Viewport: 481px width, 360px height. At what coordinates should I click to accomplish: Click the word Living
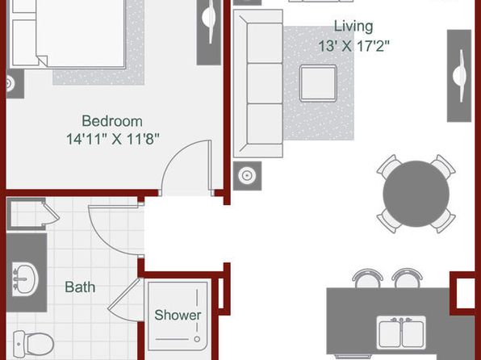pyautogui.click(x=353, y=27)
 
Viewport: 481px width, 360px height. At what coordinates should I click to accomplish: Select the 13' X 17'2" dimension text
pyautogui.click(x=353, y=46)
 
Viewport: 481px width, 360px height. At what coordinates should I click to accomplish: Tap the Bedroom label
pyautogui.click(x=112, y=121)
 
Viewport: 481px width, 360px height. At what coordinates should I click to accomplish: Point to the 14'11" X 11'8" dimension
pyautogui.click(x=113, y=139)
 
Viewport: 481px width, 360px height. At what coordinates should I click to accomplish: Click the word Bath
pyautogui.click(x=80, y=287)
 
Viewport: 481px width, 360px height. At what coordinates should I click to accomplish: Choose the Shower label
pyautogui.click(x=178, y=315)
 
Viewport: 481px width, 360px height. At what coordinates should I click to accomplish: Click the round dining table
pyautogui.click(x=416, y=194)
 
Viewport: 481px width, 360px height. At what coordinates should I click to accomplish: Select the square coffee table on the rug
pyautogui.click(x=318, y=83)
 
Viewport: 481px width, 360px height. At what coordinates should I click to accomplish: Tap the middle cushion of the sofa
pyautogui.click(x=265, y=83)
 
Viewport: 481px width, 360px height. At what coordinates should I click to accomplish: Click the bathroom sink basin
pyautogui.click(x=25, y=278)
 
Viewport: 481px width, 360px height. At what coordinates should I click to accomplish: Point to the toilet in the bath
pyautogui.click(x=33, y=343)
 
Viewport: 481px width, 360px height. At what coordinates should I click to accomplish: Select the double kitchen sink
pyautogui.click(x=401, y=333)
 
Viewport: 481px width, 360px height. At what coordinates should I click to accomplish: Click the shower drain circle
pyautogui.click(x=197, y=339)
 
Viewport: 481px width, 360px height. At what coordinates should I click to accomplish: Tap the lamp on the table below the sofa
pyautogui.click(x=247, y=176)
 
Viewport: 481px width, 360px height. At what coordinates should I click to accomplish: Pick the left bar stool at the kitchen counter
pyautogui.click(x=367, y=278)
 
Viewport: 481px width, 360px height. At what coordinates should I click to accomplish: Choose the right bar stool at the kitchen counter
pyautogui.click(x=407, y=278)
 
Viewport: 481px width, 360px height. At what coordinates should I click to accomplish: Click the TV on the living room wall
pyautogui.click(x=459, y=76)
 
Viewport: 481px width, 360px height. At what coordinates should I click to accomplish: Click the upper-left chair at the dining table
pyautogui.click(x=389, y=166)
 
